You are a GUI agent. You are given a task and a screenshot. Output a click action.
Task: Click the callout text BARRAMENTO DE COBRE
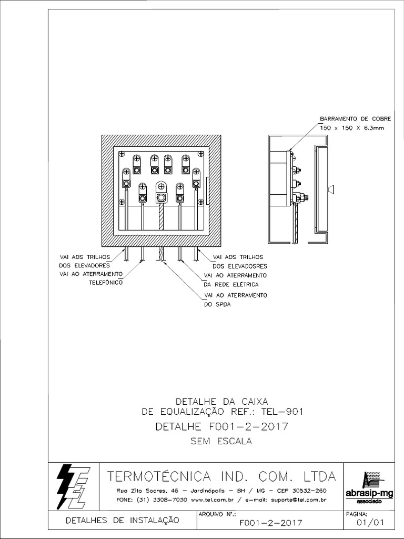pyautogui.click(x=355, y=119)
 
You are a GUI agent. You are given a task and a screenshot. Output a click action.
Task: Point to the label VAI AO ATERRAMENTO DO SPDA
pyautogui.click(x=235, y=300)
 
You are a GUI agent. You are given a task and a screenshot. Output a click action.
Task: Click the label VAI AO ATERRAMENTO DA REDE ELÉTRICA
pyautogui.click(x=235, y=280)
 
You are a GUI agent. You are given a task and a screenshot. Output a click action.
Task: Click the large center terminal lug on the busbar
pyautogui.click(x=161, y=197)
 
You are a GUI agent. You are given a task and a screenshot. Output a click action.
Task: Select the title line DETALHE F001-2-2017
pyautogui.click(x=221, y=426)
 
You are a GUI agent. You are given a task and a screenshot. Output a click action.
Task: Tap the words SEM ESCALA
pyautogui.click(x=221, y=442)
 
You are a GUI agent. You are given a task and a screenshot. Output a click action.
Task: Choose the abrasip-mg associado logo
pyautogui.click(x=370, y=487)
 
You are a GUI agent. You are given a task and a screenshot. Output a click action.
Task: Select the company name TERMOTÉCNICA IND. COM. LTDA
pyautogui.click(x=221, y=477)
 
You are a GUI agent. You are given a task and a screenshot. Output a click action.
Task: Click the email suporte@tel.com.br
pyautogui.click(x=297, y=500)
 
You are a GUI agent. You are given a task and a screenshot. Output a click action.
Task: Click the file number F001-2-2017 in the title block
pyautogui.click(x=270, y=523)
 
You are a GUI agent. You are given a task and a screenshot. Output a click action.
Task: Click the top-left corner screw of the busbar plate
pyautogui.click(x=122, y=154)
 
